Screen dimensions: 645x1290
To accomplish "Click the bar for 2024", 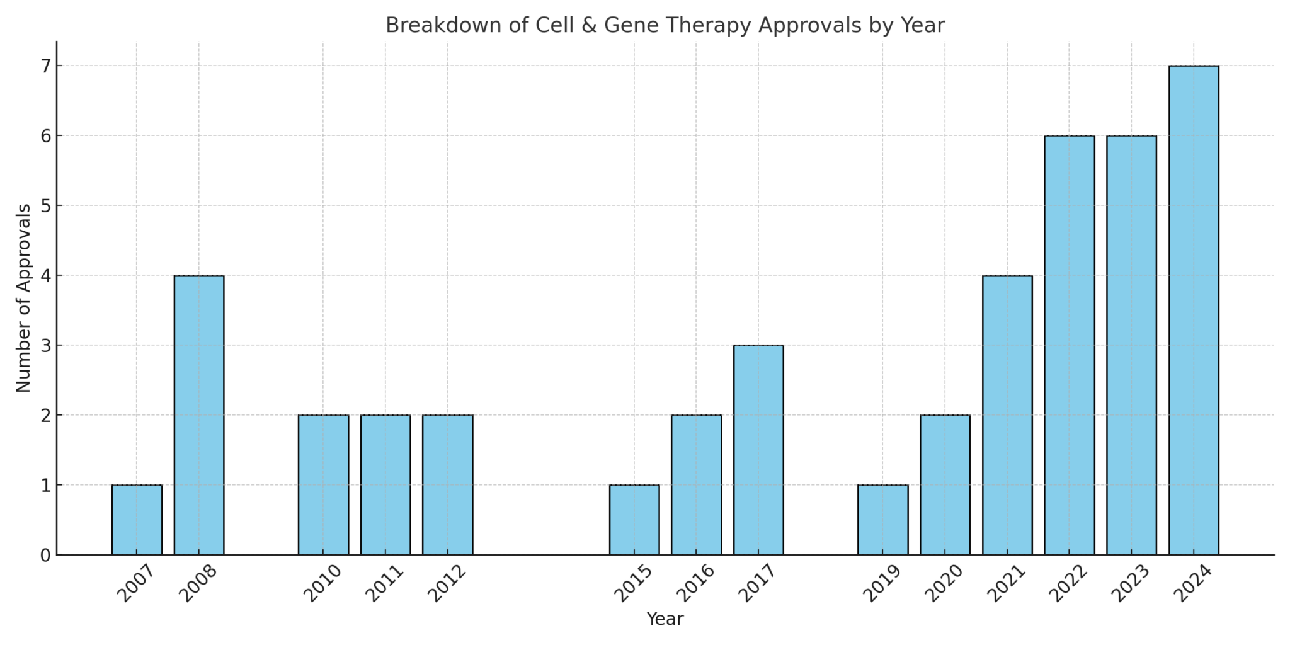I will (1194, 310).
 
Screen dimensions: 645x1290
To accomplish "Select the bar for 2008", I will (199, 414).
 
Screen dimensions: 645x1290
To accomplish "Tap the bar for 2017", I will (758, 450).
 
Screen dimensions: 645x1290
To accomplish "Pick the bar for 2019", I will (882, 520).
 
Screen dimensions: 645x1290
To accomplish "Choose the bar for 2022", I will (1069, 345).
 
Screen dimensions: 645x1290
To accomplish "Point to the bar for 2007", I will (137, 520).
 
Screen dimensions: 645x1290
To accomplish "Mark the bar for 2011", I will (385, 484).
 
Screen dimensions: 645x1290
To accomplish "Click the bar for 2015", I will (634, 520).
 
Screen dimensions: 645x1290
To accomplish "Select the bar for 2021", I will (1007, 414).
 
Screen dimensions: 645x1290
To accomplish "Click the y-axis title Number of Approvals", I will (23, 298).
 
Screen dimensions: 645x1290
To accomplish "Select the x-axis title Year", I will (665, 619).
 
